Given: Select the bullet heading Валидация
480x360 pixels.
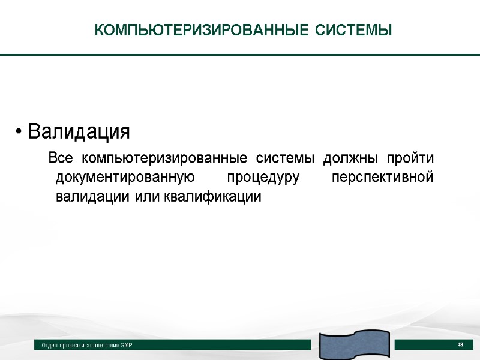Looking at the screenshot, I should (79, 130).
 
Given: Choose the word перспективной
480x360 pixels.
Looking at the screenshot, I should (382, 178).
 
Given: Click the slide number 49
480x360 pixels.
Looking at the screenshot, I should (461, 344).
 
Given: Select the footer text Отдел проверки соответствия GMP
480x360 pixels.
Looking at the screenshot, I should (86, 346).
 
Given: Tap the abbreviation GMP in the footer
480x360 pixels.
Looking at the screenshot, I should (125, 346).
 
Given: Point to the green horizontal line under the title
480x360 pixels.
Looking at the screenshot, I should (240, 55).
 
